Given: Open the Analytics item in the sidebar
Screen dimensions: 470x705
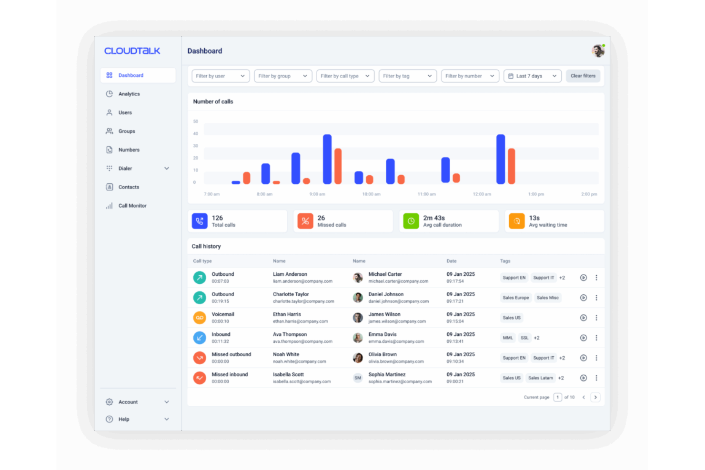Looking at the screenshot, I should coord(129,94).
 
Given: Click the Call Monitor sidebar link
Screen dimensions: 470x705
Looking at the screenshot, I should coord(132,206).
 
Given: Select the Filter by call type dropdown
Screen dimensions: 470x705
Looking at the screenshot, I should coord(345,76).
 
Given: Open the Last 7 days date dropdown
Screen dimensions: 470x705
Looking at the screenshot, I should coord(532,76).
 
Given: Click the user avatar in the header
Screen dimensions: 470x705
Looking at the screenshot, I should coord(598,50).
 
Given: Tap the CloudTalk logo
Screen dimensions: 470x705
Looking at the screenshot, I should coord(132,51).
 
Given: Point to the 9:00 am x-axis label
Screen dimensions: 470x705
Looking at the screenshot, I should coord(317,194).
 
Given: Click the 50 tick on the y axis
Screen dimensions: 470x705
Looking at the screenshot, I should coord(196,121).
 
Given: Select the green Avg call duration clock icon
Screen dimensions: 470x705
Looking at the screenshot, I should coord(411,221).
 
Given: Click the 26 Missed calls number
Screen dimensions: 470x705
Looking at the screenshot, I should coord(322,218).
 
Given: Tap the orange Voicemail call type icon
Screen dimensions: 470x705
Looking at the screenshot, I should coord(200,318).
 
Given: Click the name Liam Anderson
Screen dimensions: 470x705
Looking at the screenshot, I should coord(290,274).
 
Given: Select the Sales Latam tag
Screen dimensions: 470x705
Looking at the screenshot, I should coord(541,378).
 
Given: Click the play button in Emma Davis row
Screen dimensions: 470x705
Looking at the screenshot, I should coord(583,338).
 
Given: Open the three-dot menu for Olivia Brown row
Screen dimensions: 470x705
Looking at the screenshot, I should coord(596,358).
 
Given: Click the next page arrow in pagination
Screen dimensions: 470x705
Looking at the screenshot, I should coord(595,397).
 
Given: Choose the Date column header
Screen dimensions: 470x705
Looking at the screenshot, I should coord(452,261).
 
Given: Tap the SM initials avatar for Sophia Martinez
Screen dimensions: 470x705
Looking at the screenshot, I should coord(358,378).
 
